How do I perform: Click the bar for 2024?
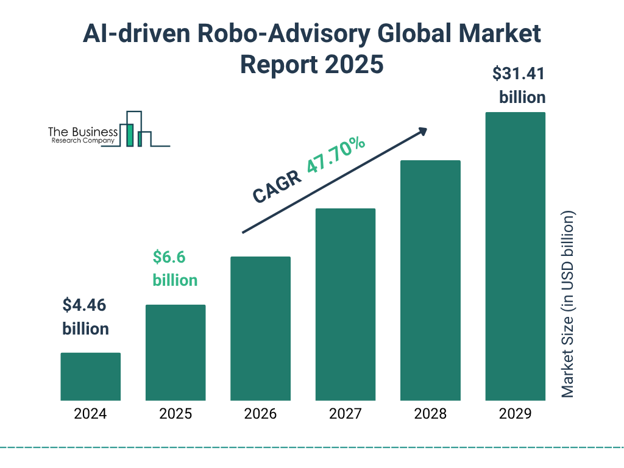(x=90, y=377)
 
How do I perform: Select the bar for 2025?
(x=175, y=352)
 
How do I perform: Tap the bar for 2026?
(x=260, y=328)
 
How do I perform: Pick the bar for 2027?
(x=345, y=304)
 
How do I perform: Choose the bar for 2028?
(x=430, y=280)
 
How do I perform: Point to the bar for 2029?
(x=515, y=257)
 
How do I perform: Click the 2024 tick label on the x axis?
(x=90, y=414)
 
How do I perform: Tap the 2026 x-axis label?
(x=260, y=414)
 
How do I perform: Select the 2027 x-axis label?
(x=345, y=414)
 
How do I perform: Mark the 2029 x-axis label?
(x=515, y=414)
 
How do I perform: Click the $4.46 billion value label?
(x=86, y=317)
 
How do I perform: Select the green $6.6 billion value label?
(x=175, y=269)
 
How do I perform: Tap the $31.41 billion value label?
(x=519, y=85)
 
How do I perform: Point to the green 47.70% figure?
(x=336, y=156)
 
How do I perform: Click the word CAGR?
(x=277, y=187)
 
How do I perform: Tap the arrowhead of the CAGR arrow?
(x=422, y=131)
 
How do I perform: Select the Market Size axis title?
(x=568, y=305)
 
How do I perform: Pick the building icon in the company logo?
(x=137, y=130)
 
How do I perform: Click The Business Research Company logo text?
(x=83, y=135)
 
